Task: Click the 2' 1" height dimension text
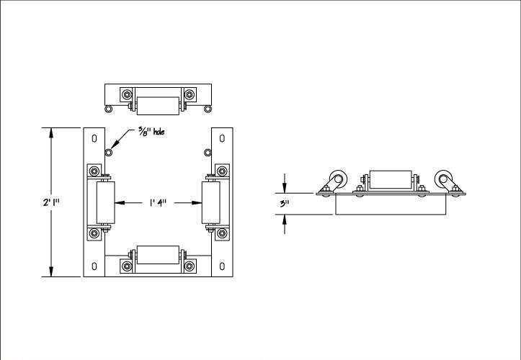pos(51,202)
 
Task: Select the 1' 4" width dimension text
pos(158,202)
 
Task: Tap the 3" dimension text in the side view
pos(284,204)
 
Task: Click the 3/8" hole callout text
pos(151,132)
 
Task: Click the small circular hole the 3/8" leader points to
pos(108,153)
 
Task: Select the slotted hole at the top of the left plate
pos(94,138)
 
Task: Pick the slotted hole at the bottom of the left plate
pos(94,266)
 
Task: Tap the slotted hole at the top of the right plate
pos(222,138)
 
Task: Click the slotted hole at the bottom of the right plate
pos(222,266)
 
